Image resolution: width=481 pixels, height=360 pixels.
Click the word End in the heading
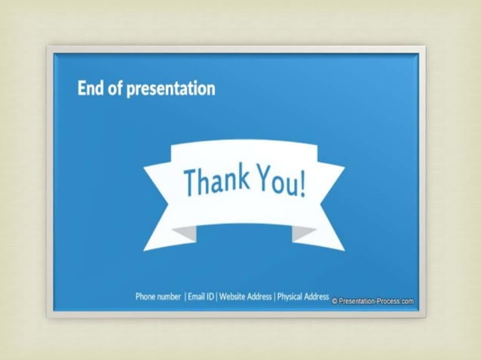89,88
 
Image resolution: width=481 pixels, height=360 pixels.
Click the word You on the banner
278,182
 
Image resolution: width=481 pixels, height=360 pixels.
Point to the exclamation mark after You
303,185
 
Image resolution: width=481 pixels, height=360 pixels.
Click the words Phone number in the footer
158,297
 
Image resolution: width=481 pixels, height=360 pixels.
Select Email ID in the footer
201,297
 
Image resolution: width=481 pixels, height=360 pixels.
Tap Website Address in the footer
245,297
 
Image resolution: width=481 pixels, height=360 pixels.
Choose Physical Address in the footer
303,297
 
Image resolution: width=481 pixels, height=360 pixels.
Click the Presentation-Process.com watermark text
376,301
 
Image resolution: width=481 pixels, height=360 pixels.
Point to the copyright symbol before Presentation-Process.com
335,301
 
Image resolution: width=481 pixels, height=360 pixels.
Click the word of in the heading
115,88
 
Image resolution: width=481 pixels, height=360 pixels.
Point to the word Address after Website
259,297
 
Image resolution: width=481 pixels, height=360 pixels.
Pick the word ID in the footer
210,297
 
